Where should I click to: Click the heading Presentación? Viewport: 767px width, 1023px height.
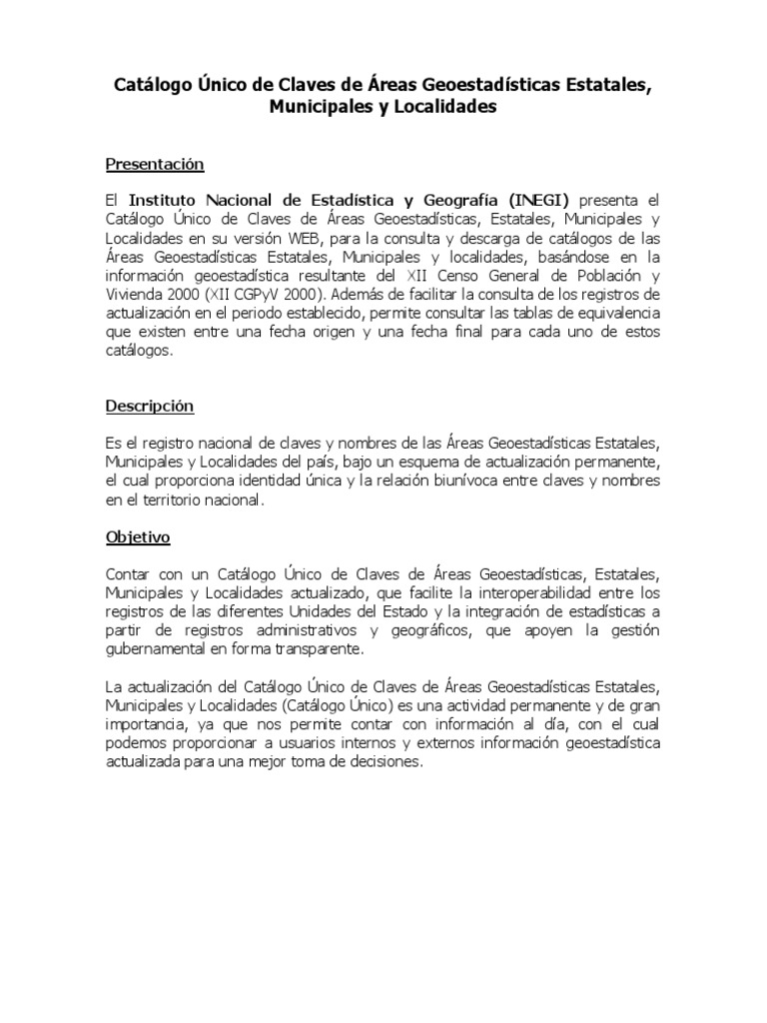155,164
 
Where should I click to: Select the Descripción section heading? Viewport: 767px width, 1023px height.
150,407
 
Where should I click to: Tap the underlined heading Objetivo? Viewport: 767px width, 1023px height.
138,537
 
